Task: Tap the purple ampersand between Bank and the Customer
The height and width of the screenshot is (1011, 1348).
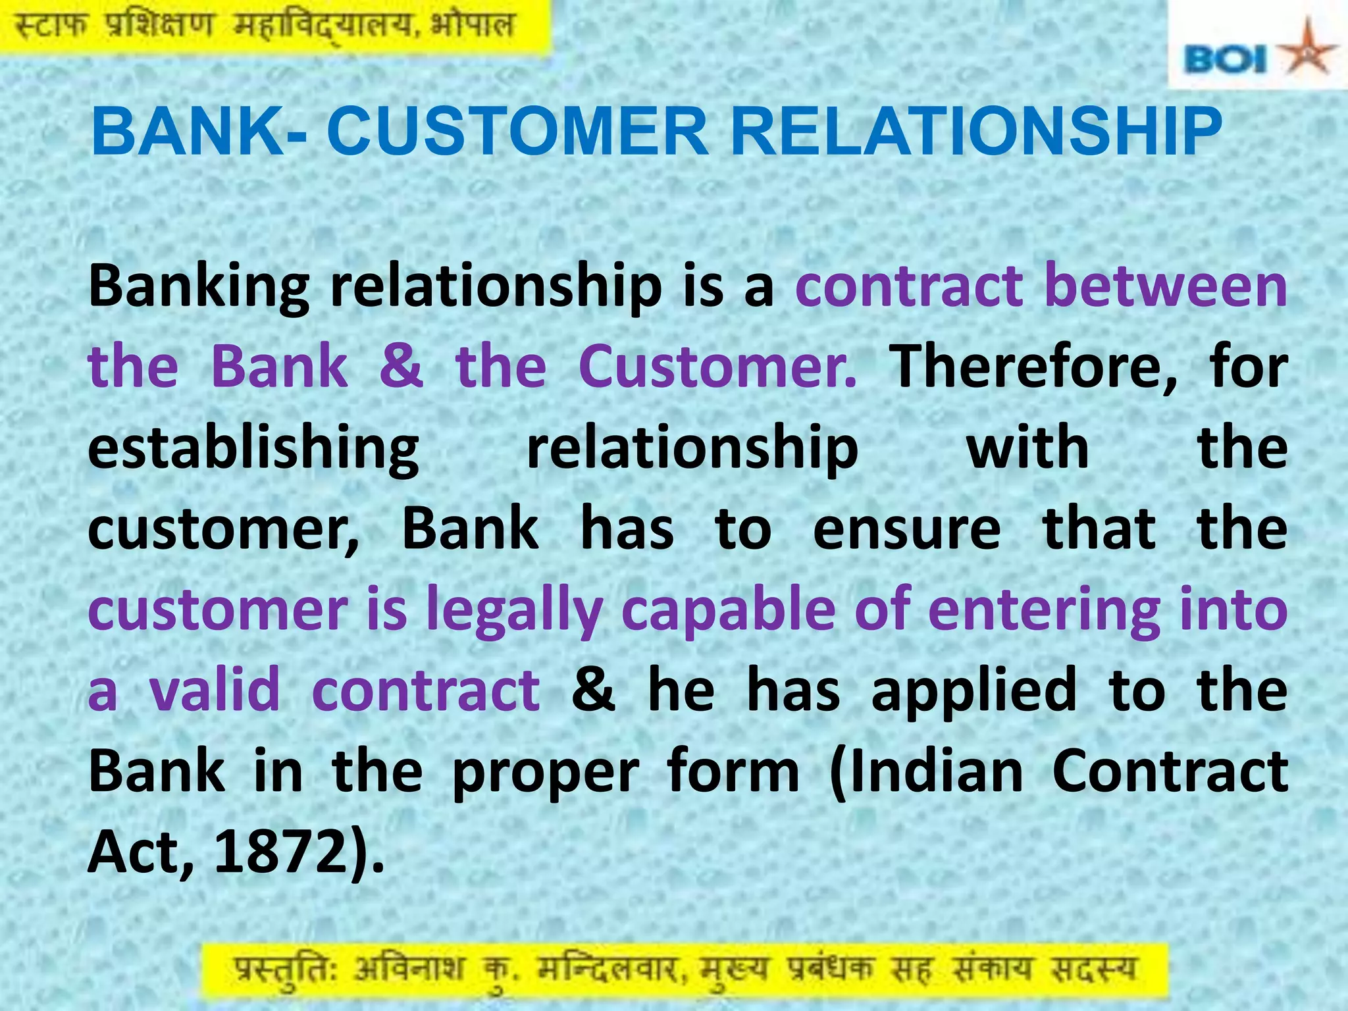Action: pos(401,366)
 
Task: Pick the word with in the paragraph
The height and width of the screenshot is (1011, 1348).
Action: pos(1027,448)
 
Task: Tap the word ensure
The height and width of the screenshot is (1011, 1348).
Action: pos(906,529)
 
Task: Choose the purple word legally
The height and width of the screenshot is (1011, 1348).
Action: pos(514,611)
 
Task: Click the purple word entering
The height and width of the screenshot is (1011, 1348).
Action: pos(1044,611)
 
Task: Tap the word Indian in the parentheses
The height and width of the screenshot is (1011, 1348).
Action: pos(927,771)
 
